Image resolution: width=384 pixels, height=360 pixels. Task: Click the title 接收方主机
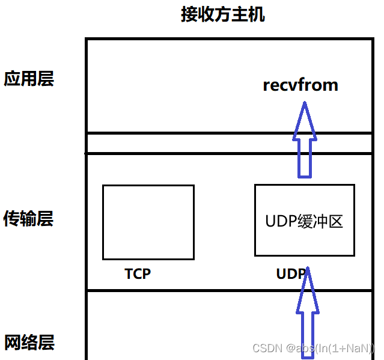(x=222, y=14)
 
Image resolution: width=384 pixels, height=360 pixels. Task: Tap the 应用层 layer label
(x=29, y=79)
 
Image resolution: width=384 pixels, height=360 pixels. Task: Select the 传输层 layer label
(x=29, y=218)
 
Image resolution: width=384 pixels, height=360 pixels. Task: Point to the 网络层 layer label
(x=29, y=343)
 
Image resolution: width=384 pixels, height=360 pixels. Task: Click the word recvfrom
(x=300, y=85)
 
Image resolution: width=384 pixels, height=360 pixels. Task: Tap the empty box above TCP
(x=148, y=222)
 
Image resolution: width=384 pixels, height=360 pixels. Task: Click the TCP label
(x=138, y=274)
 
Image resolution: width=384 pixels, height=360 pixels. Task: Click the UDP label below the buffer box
(x=290, y=274)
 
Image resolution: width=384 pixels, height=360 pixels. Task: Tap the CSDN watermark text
(x=313, y=348)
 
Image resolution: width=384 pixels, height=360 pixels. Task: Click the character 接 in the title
(x=189, y=14)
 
